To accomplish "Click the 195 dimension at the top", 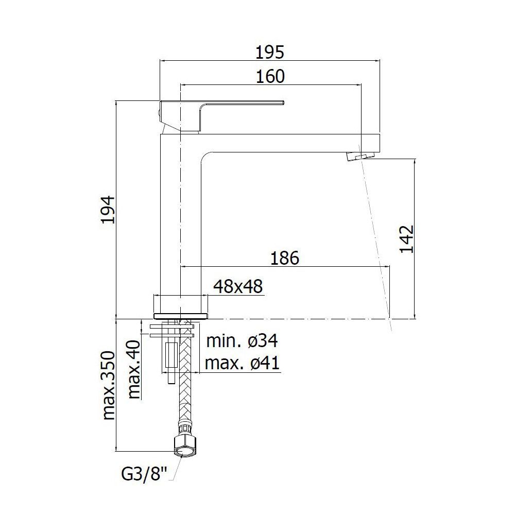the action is (x=269, y=52).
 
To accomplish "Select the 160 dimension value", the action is (x=270, y=77).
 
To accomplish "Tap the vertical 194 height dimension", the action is (x=108, y=210).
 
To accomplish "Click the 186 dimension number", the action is (x=284, y=258).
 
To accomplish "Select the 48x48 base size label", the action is (x=238, y=287).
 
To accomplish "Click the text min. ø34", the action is (x=242, y=341).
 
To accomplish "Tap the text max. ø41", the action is (x=242, y=363).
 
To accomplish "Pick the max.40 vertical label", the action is (x=134, y=369).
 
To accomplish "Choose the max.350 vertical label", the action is (x=109, y=385).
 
